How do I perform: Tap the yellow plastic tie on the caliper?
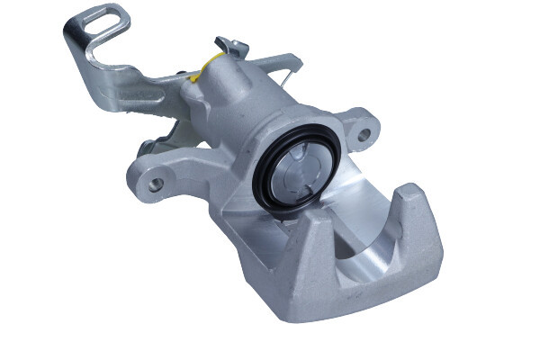tap(211, 61)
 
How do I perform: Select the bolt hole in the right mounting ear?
tap(363, 136)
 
